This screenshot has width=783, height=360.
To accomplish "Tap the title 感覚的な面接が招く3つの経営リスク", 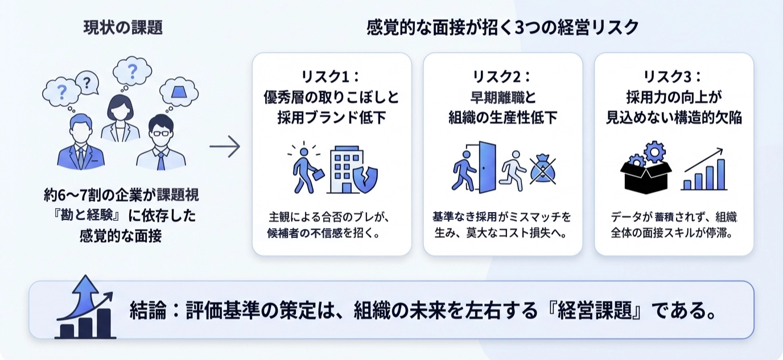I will pyautogui.click(x=502, y=27).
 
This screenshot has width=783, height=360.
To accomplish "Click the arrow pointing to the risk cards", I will pyautogui.click(x=225, y=147).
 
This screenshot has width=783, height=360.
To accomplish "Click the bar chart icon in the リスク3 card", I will pyautogui.click(x=704, y=169).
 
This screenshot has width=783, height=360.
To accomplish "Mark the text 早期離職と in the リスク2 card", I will pyautogui.click(x=502, y=97).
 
